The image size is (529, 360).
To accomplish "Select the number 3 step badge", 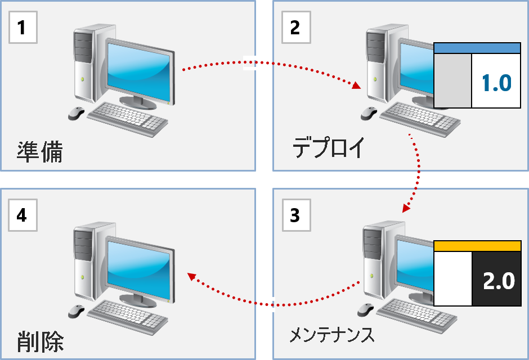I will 295,215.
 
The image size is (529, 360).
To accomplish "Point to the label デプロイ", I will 329,149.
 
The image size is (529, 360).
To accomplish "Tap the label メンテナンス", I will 331,335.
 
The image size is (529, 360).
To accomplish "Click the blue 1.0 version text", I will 496,83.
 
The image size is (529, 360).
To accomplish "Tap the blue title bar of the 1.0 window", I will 477,48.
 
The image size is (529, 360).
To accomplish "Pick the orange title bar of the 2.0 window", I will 477,246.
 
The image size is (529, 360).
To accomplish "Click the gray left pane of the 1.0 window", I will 452,81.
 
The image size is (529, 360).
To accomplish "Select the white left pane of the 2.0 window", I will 452,279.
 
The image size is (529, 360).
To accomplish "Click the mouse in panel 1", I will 76,114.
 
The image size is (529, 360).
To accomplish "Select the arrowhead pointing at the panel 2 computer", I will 357,87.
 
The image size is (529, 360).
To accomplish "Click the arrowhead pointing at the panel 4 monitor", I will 191,276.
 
